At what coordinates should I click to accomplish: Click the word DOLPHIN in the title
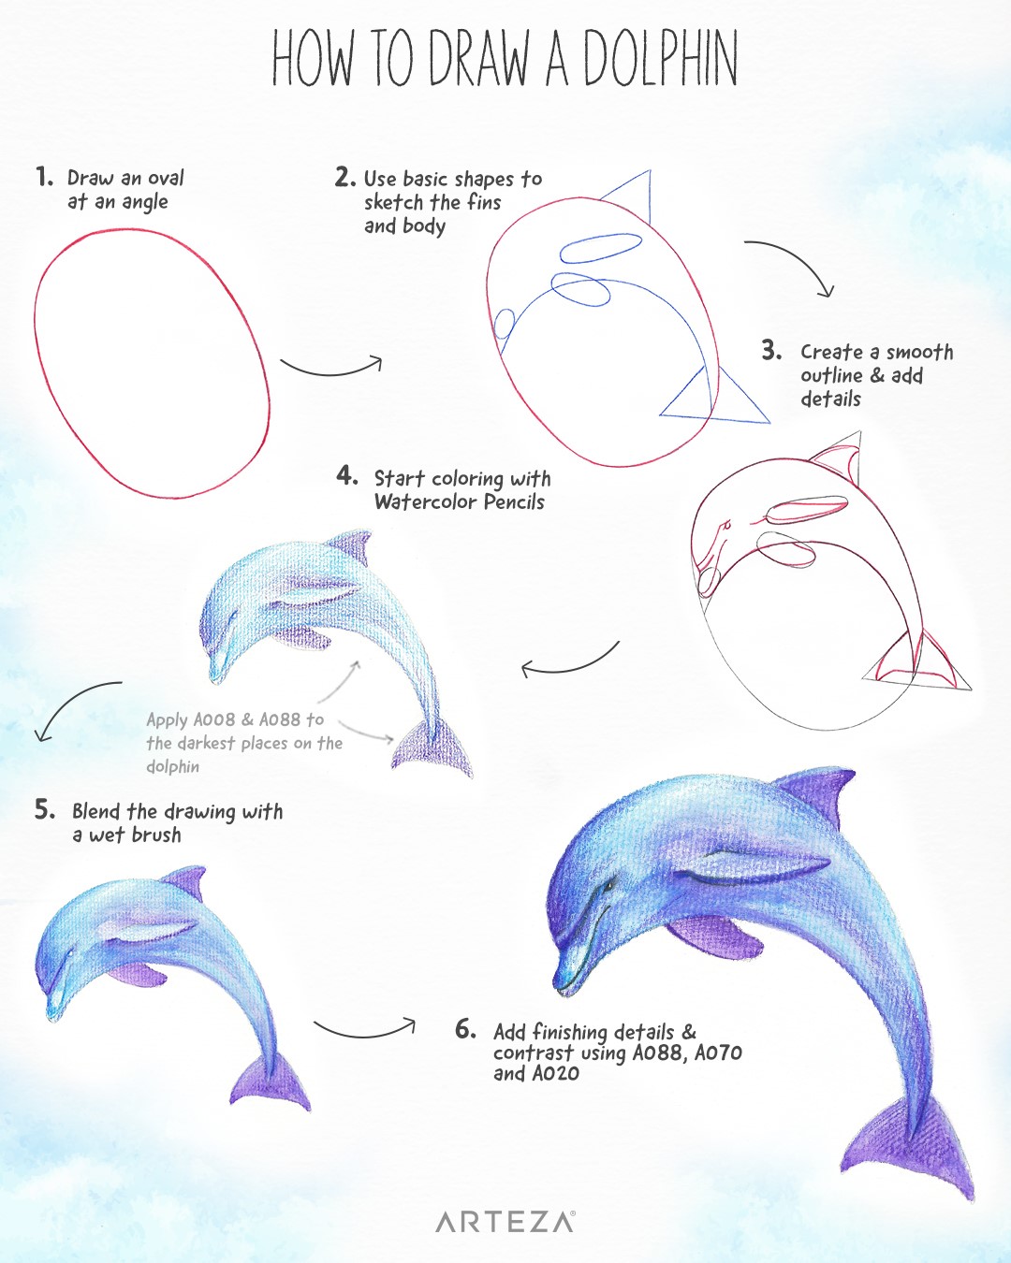660,59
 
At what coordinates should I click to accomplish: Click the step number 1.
43,176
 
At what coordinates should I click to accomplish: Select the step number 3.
771,351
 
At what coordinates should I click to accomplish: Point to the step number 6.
465,1029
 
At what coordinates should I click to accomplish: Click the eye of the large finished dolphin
609,884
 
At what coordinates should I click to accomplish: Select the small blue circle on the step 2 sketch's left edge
504,324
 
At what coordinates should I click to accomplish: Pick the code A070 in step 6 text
718,1052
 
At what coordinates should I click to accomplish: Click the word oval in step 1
166,177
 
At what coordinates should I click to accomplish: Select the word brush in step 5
157,835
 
